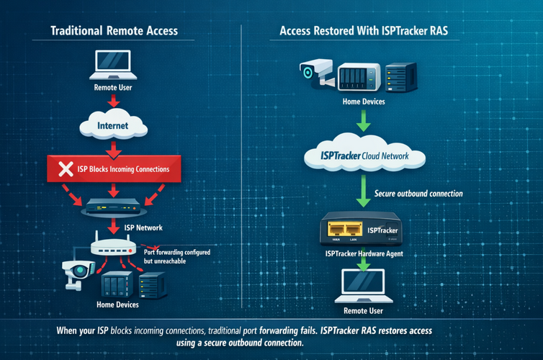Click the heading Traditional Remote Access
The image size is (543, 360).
[x=114, y=31]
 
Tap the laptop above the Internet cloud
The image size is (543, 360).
[x=112, y=67]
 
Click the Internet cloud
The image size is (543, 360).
[x=112, y=126]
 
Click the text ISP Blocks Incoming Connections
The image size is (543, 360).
[x=123, y=170]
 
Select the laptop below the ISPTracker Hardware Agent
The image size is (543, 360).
[x=363, y=283]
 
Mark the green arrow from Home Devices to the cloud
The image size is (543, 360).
[x=364, y=122]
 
